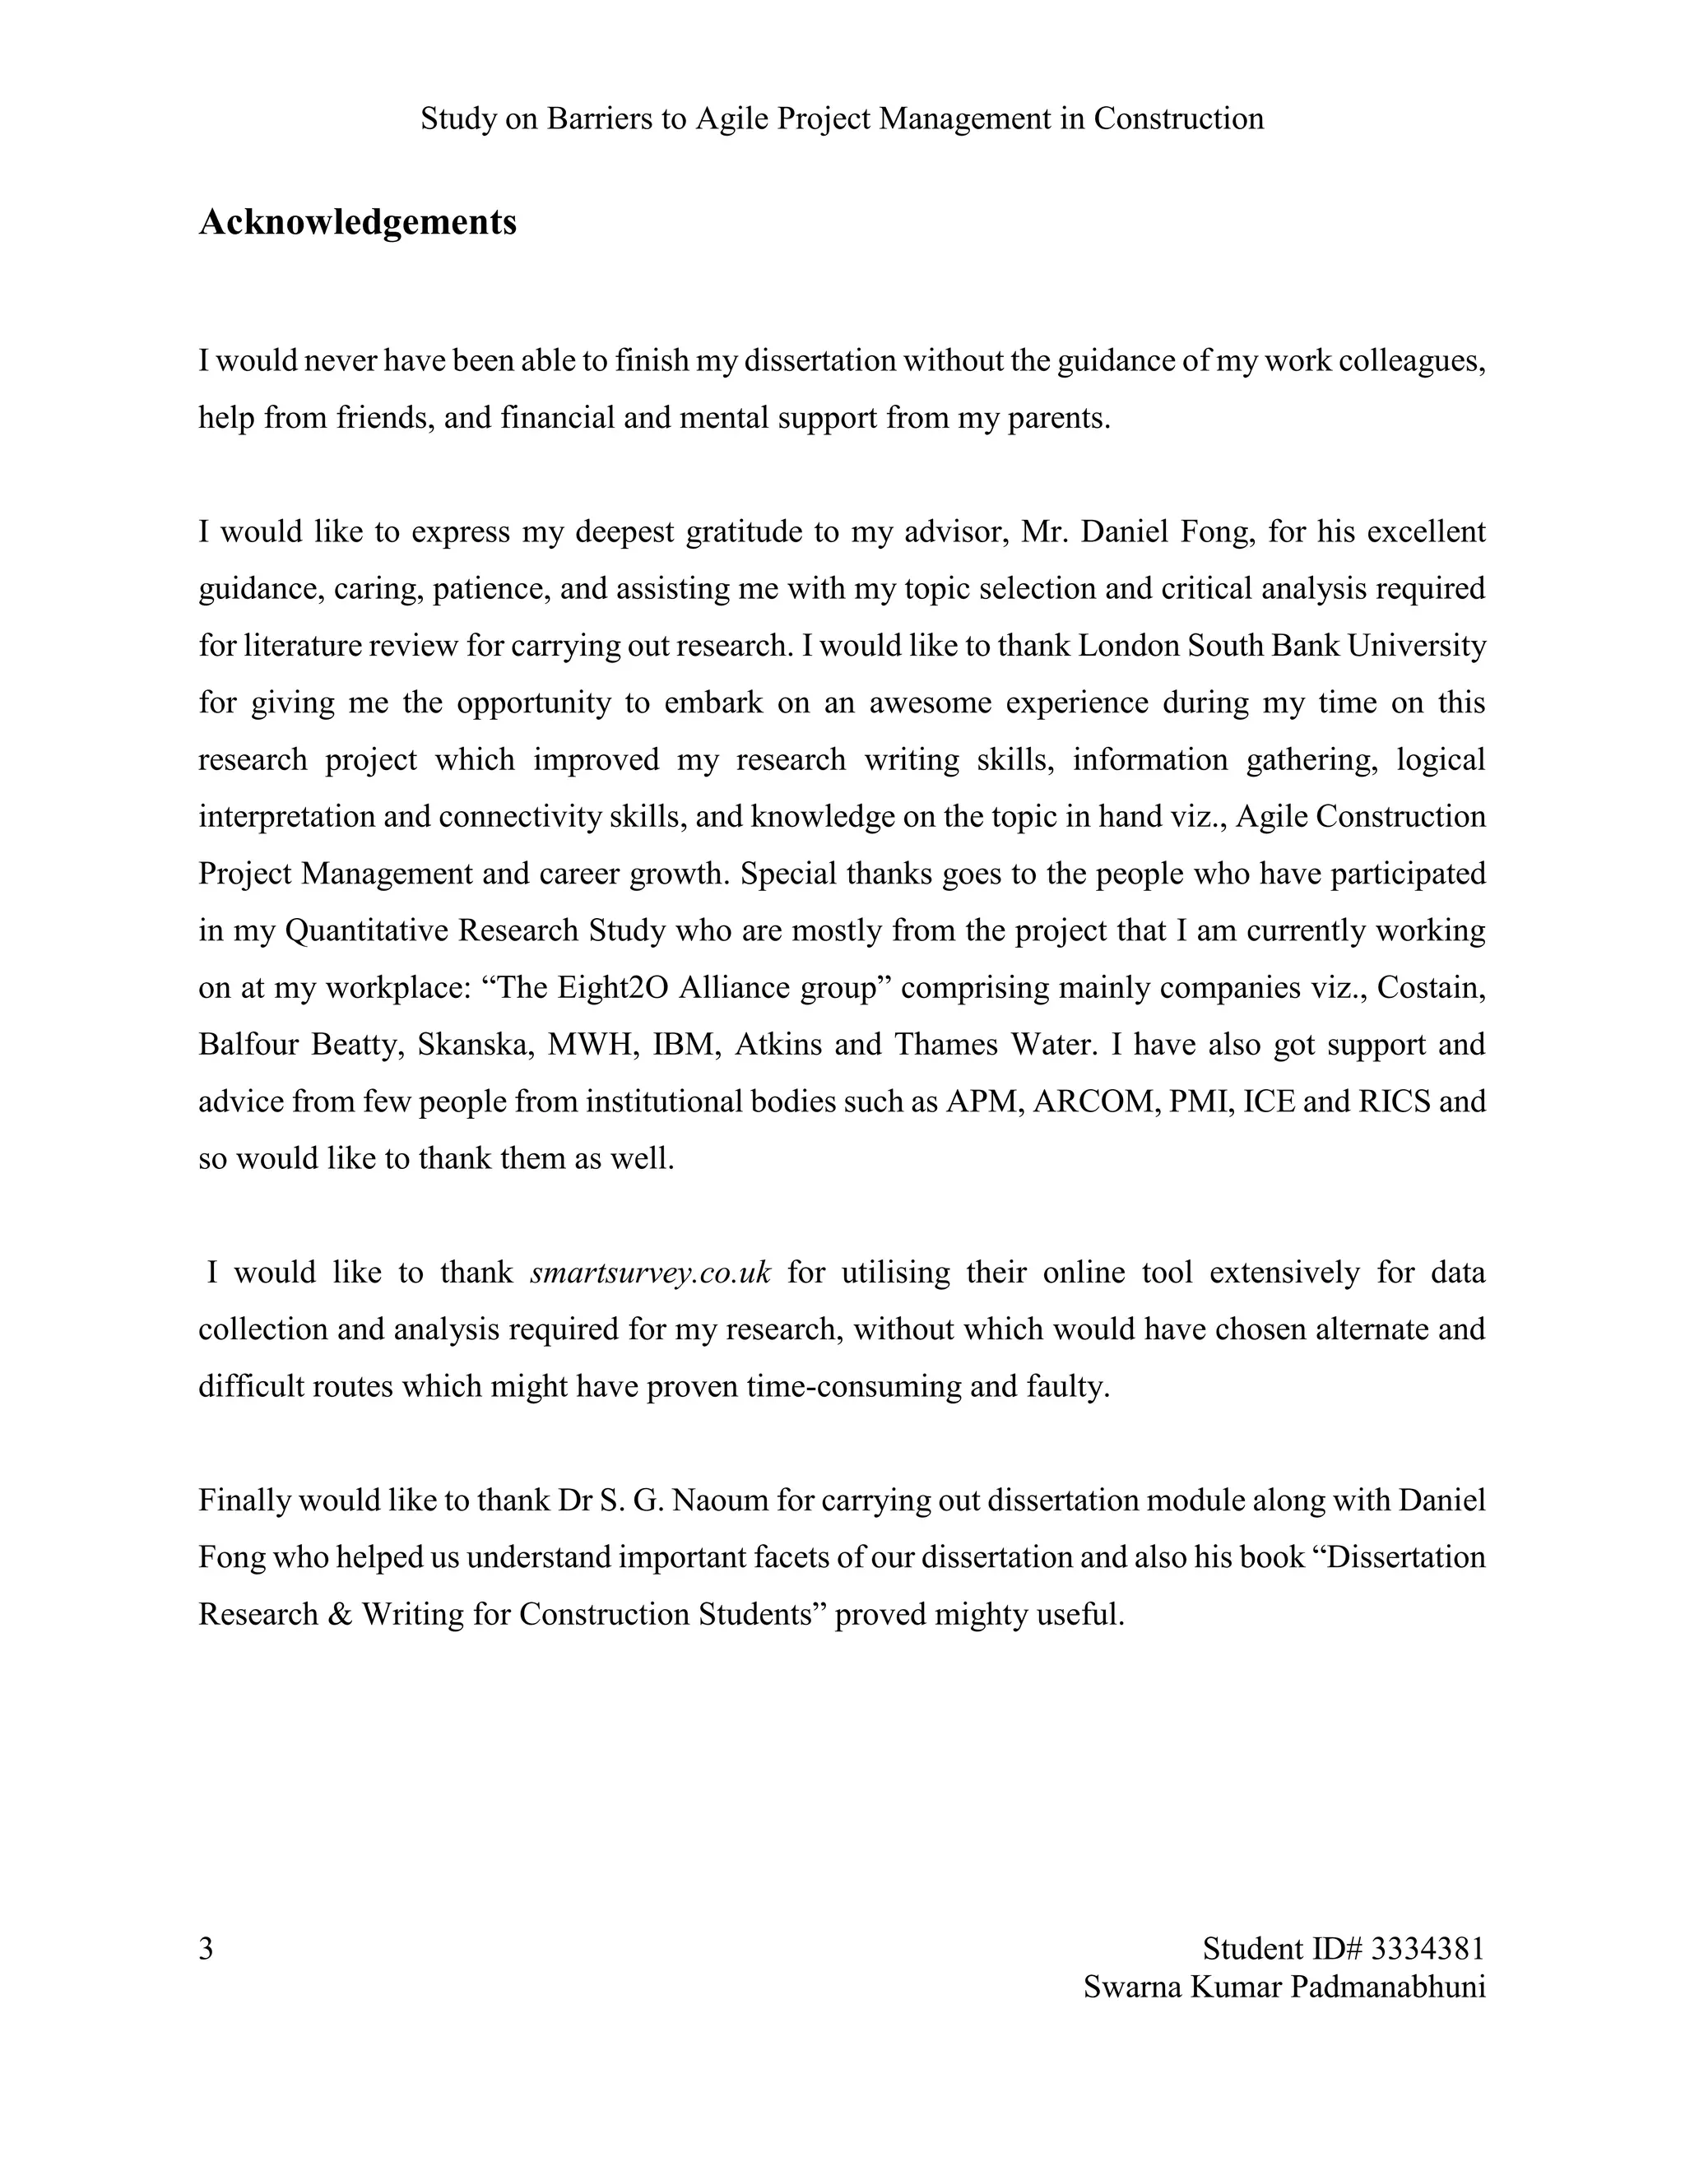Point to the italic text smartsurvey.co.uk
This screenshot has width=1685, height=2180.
[x=651, y=1273]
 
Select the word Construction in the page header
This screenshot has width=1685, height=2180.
[x=1178, y=118]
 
